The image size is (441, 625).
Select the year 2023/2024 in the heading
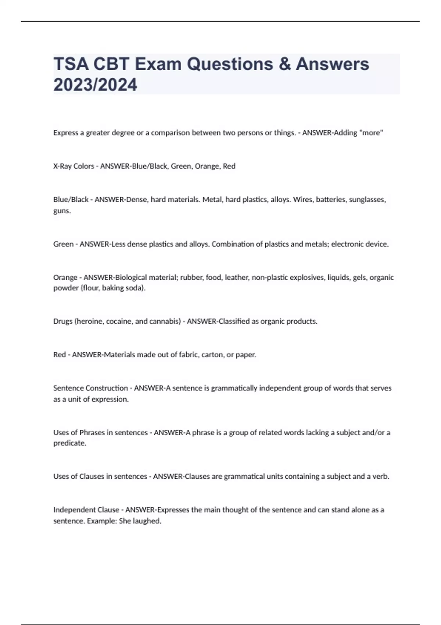pos(95,85)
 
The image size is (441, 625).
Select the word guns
pos(62,211)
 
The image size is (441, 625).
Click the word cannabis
pos(165,321)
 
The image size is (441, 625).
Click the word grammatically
pos(234,388)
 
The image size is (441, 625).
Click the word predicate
pos(69,443)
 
